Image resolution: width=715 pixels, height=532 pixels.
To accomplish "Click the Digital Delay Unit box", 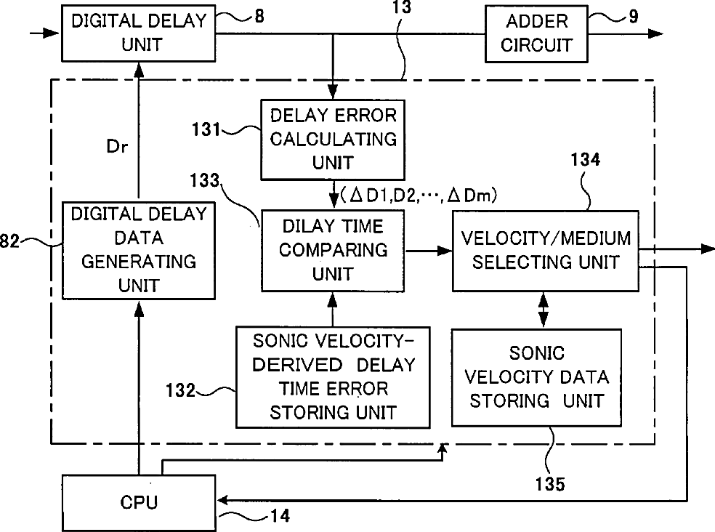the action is [x=139, y=33].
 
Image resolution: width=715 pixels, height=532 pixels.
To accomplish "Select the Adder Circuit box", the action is [x=536, y=33].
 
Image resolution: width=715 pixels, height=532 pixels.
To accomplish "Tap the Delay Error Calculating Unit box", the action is [x=333, y=140].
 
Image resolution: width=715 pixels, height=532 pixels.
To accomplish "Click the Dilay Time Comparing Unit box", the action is [x=333, y=251].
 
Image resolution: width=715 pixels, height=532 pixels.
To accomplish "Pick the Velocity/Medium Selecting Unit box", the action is [x=546, y=251].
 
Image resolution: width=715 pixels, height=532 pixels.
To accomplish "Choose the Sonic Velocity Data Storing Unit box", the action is [x=537, y=377].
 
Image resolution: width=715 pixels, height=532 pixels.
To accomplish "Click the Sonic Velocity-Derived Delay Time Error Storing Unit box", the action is [x=333, y=377].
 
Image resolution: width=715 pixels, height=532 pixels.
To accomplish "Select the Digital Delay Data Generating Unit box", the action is [x=139, y=251].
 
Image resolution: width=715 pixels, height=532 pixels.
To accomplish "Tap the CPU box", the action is [x=139, y=502].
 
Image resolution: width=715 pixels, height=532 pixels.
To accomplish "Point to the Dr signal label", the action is [x=117, y=147].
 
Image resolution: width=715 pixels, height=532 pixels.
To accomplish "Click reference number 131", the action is [x=206, y=129].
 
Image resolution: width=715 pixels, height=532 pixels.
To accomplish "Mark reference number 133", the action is [x=205, y=180].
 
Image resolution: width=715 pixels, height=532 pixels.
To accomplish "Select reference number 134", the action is [x=586, y=160].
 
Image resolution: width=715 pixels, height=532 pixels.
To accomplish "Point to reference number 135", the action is [x=550, y=484].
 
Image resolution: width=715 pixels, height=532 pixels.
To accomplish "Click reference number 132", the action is [x=181, y=390].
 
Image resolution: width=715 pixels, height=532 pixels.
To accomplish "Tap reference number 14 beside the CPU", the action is [x=280, y=516].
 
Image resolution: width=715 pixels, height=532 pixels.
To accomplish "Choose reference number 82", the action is [x=9, y=241].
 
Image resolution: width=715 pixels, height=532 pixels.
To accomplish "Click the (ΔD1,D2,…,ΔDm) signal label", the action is [x=419, y=196].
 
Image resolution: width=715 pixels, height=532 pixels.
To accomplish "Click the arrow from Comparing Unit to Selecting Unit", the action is [x=428, y=251].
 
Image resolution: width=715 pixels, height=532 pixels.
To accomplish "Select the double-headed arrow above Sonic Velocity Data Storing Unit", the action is [x=543, y=310].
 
